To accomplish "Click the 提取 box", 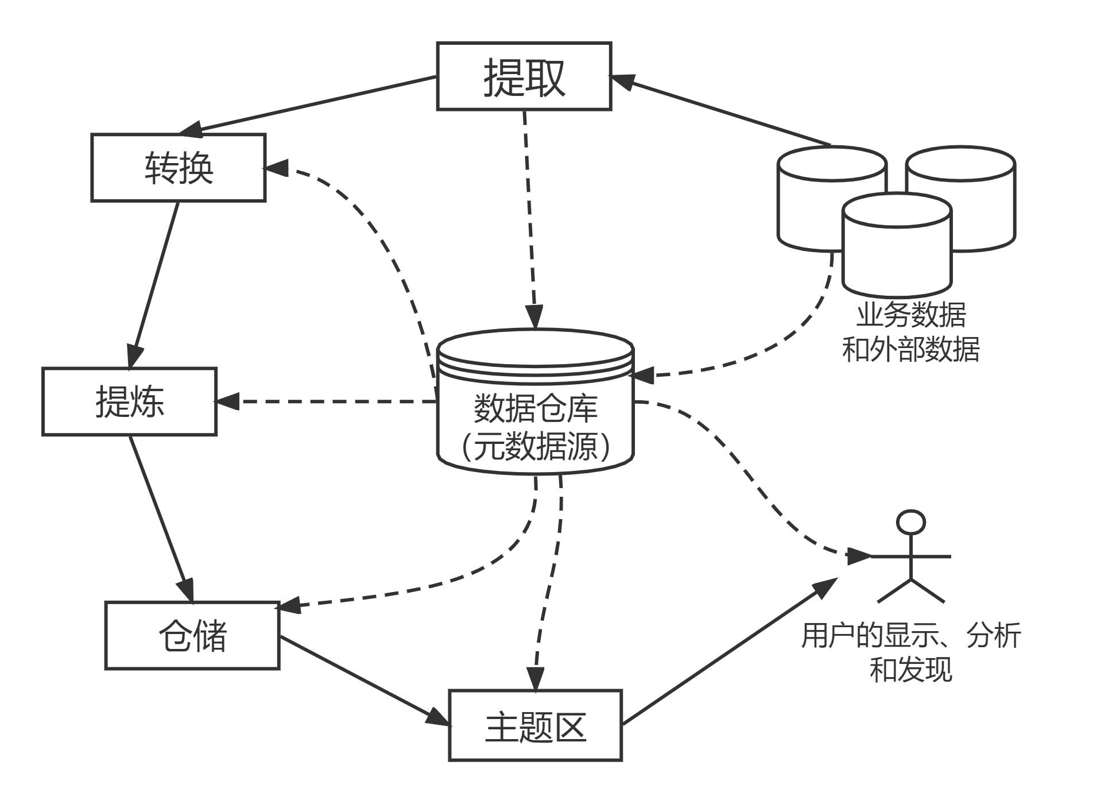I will (524, 76).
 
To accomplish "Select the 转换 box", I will (178, 168).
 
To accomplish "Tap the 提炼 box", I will (129, 401).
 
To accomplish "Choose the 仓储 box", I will (192, 636).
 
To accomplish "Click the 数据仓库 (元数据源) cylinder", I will (535, 425).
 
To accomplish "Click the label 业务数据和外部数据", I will (910, 332).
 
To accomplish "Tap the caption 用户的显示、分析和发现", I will (910, 652).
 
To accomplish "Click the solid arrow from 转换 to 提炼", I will (154, 284).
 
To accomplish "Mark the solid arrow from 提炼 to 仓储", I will (161, 517).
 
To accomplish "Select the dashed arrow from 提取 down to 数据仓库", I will (529, 218).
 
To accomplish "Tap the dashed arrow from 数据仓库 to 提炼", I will (327, 401).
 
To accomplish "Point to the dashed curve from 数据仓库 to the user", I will (746, 471).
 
